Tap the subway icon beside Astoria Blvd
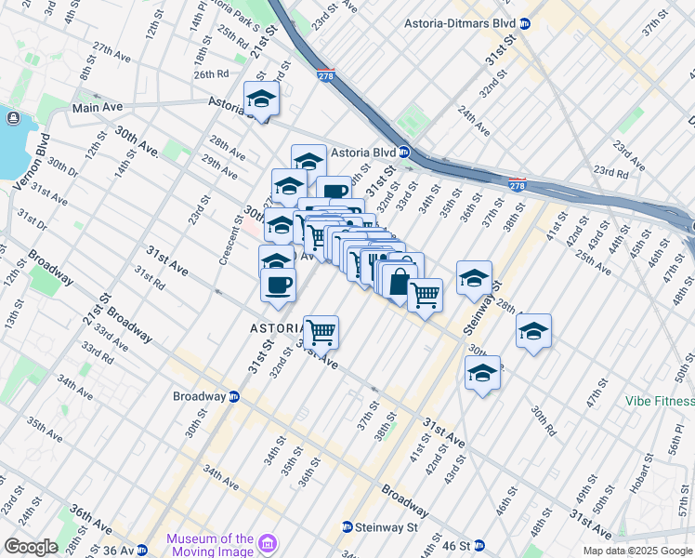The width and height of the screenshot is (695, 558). pos(404,152)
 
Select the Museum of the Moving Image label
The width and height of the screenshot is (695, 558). pos(210,545)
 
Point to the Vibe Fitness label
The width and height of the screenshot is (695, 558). pos(660,401)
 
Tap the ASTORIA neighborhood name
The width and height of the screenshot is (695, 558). pos(276,328)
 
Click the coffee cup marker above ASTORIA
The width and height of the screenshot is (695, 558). pos(278,284)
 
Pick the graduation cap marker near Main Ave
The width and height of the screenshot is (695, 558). pos(262,99)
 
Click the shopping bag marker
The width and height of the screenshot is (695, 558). pos(400,282)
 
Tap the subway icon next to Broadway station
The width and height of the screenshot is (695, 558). pos(234,396)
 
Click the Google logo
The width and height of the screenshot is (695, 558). pos(31,547)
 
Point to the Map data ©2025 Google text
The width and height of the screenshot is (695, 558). pos(637,551)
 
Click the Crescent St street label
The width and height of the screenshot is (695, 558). pos(224,244)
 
